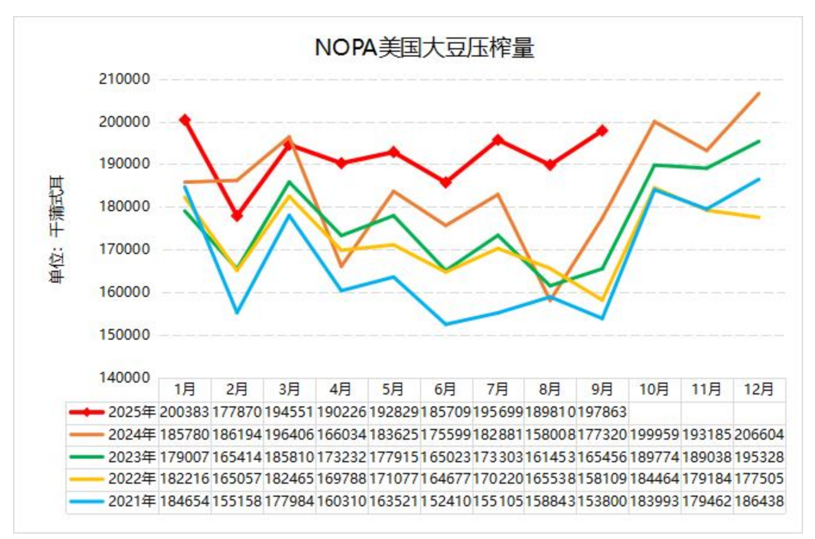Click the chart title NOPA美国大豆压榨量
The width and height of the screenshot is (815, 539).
pyautogui.click(x=424, y=48)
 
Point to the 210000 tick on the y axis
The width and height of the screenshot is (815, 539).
pyautogui.click(x=124, y=79)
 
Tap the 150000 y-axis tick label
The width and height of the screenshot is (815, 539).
pyautogui.click(x=124, y=335)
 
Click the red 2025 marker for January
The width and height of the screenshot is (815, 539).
pyautogui.click(x=185, y=120)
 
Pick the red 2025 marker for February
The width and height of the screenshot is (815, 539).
pyautogui.click(x=237, y=215)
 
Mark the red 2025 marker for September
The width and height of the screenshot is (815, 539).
pyautogui.click(x=602, y=130)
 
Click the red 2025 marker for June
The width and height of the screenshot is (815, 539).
pyautogui.click(x=446, y=182)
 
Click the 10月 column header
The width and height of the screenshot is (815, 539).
pyautogui.click(x=654, y=389)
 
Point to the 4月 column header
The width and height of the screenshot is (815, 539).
pyautogui.click(x=341, y=389)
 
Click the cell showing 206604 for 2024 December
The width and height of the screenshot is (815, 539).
pyautogui.click(x=759, y=434)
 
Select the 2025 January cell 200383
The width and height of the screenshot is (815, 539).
pyautogui.click(x=184, y=412)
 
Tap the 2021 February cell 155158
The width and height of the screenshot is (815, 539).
pyautogui.click(x=237, y=502)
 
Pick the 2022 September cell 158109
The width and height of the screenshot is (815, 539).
pyautogui.click(x=602, y=479)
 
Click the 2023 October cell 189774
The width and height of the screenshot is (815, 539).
pyautogui.click(x=654, y=457)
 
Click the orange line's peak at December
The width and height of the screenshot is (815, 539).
pyautogui.click(x=758, y=93)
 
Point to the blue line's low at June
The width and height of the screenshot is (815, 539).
pyautogui.click(x=446, y=324)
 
